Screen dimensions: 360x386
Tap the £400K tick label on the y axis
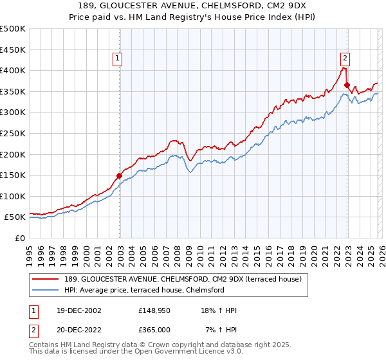point(13,70)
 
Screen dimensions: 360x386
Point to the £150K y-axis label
point(13,175)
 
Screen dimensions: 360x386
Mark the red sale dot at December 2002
point(120,175)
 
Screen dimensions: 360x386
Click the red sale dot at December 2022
point(347,85)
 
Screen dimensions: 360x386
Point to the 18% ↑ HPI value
point(219,310)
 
